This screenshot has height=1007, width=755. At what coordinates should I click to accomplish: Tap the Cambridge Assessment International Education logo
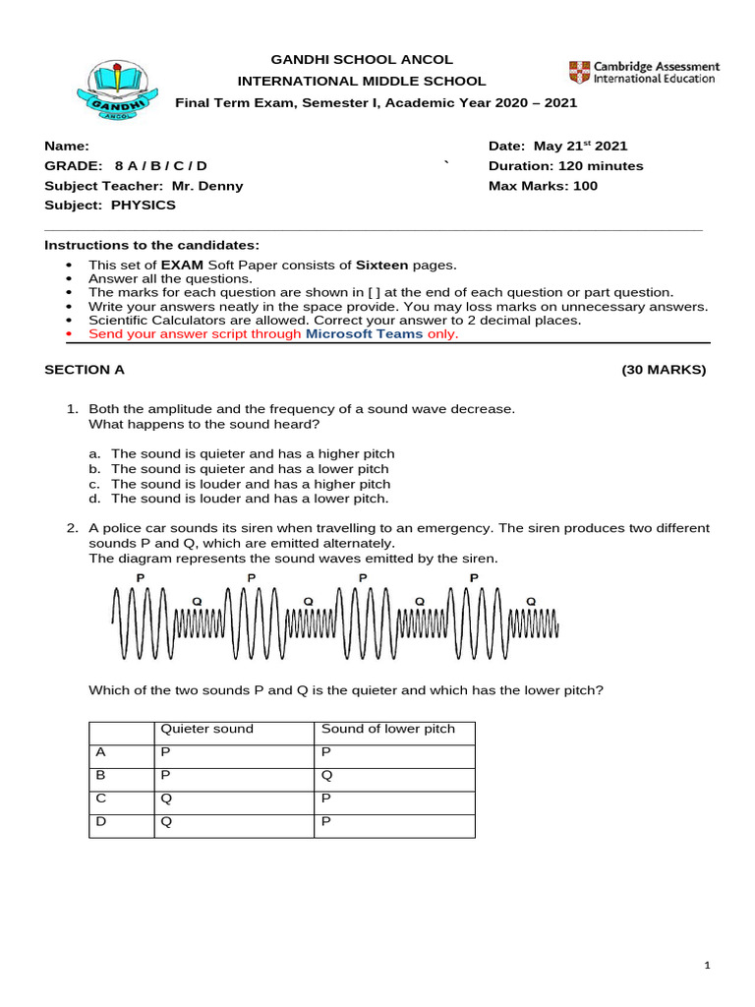click(x=643, y=72)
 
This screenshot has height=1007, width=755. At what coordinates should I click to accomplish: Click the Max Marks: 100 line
click(x=543, y=186)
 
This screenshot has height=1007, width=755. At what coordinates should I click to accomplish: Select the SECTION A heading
click(x=85, y=371)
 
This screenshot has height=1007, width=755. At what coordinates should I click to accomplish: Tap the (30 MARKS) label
click(x=663, y=371)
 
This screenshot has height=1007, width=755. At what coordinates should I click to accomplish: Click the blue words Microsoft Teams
click(x=364, y=333)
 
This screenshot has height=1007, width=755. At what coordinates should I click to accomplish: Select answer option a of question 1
click(x=252, y=454)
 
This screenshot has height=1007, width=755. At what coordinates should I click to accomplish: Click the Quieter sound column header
click(x=206, y=730)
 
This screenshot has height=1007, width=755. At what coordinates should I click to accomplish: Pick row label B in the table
click(x=99, y=775)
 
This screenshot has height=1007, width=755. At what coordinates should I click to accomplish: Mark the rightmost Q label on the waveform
click(x=532, y=600)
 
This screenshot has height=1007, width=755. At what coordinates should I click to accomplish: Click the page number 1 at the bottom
click(x=707, y=968)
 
